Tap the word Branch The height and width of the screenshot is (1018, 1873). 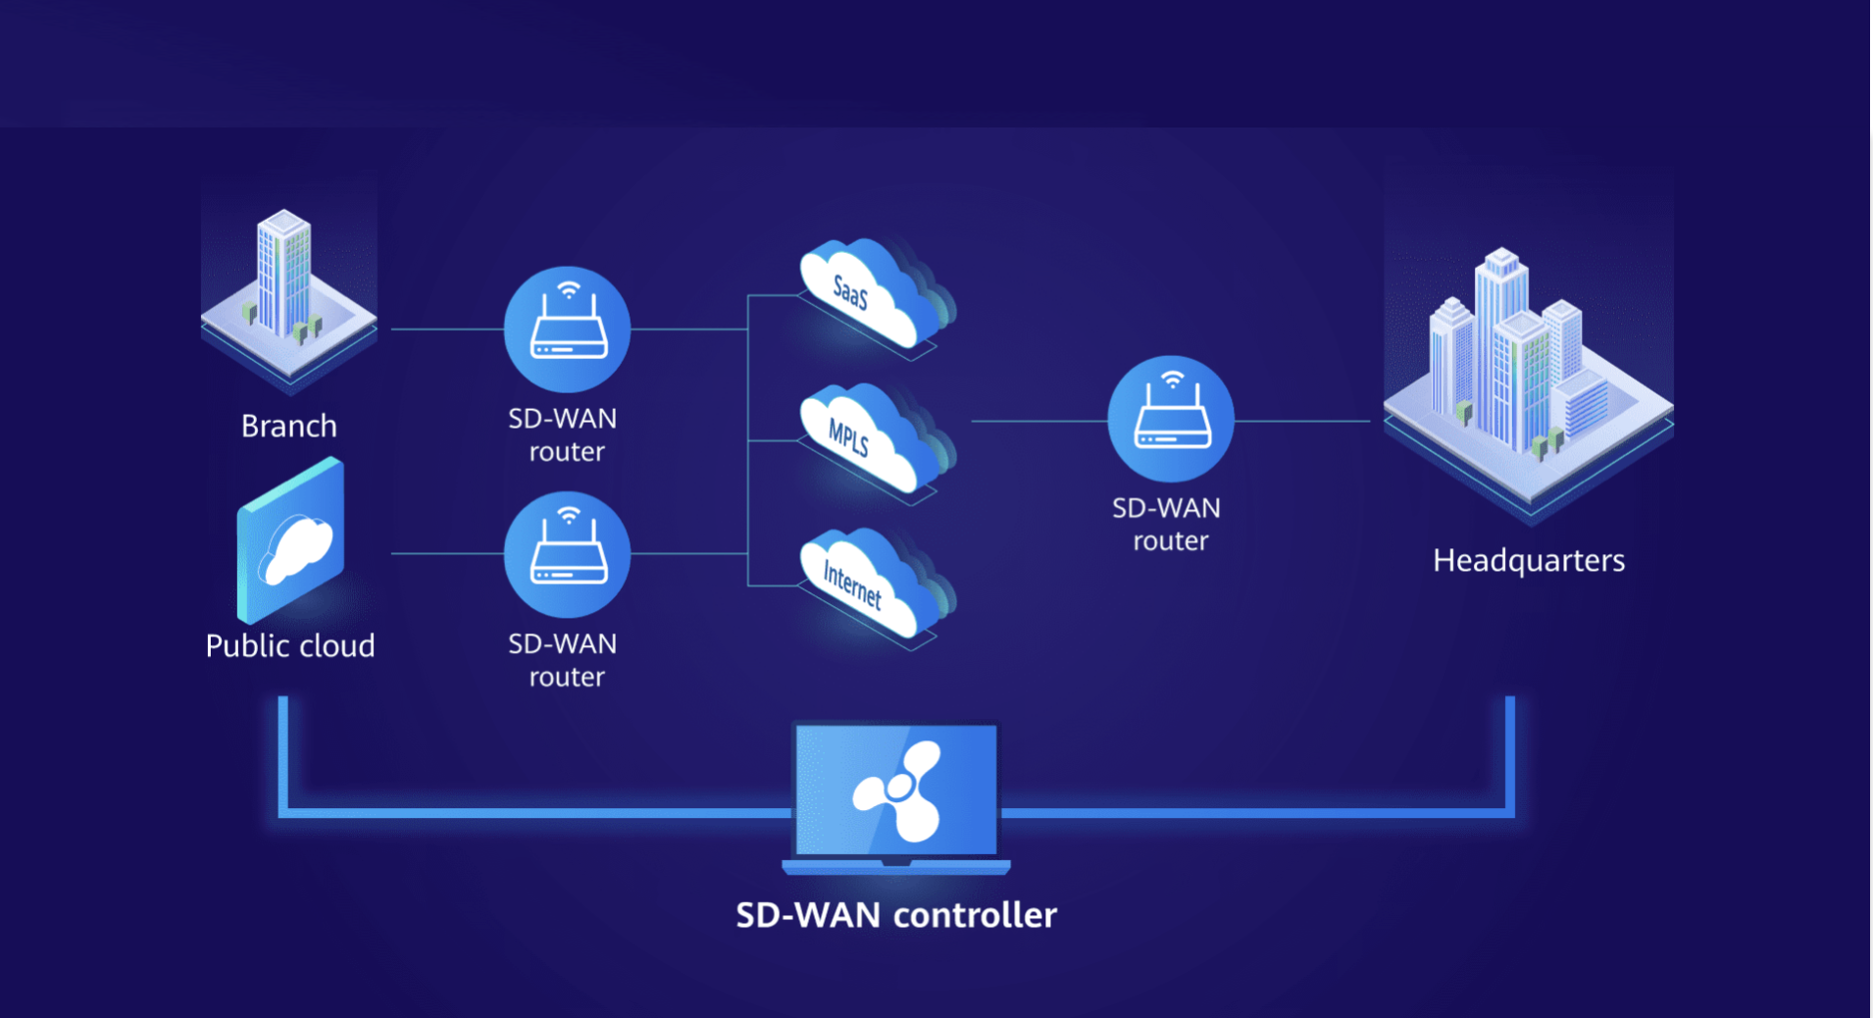pyautogui.click(x=289, y=426)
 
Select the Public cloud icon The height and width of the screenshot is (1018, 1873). pyautogui.click(x=291, y=541)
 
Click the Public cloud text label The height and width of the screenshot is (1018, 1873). pyautogui.click(x=290, y=645)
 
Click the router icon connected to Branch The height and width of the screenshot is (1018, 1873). pyautogui.click(x=567, y=330)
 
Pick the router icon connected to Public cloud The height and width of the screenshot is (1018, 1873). pyautogui.click(x=567, y=554)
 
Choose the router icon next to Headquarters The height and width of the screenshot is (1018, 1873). pyautogui.click(x=1171, y=419)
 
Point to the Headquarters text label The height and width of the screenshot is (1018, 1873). pyautogui.click(x=1528, y=560)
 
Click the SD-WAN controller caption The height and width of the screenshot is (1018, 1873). pyautogui.click(x=896, y=915)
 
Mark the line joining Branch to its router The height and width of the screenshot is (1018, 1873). pyautogui.click(x=446, y=330)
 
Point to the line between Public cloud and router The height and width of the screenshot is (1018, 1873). pyautogui.click(x=446, y=554)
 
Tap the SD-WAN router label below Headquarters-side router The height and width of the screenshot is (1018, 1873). pyautogui.click(x=1167, y=524)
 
